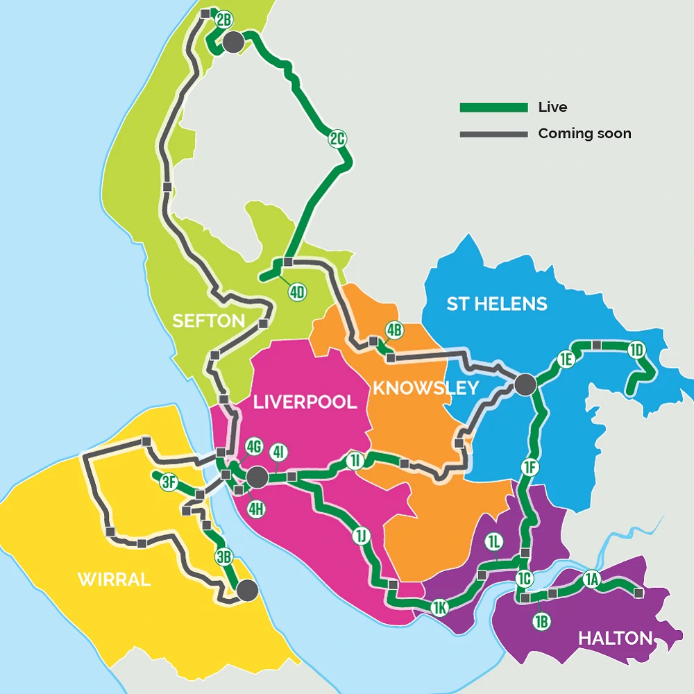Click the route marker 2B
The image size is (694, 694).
[223, 20]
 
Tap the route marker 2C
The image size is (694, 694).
[337, 139]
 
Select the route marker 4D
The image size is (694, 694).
[297, 292]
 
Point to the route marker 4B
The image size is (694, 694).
[394, 330]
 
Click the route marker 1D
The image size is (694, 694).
[636, 350]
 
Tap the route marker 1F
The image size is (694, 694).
[530, 468]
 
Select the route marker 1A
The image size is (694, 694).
[591, 579]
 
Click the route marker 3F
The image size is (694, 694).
[169, 482]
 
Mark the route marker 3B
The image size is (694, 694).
[223, 557]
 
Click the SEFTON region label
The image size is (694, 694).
[208, 321]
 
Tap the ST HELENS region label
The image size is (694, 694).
[497, 304]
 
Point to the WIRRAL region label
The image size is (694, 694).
[115, 580]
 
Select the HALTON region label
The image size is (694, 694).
[616, 638]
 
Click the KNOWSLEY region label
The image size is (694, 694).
[426, 388]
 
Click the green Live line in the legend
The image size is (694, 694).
[493, 108]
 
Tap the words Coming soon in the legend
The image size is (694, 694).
[584, 134]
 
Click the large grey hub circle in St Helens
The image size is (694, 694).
[525, 384]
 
